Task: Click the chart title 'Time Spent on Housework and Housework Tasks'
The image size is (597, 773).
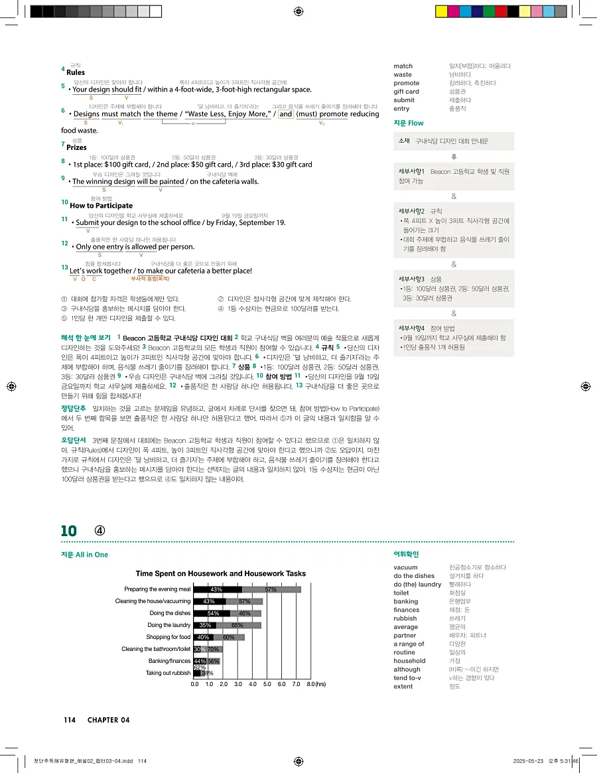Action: tap(221, 573)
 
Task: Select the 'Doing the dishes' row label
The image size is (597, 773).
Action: tap(170, 613)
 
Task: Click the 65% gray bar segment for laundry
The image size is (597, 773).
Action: tap(238, 625)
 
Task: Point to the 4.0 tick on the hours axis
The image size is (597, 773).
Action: tap(253, 683)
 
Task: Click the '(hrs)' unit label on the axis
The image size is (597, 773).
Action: tap(320, 683)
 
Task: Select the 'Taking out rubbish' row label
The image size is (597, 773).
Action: tap(168, 673)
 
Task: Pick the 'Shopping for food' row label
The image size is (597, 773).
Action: tap(168, 637)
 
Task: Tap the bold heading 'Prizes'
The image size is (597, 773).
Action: tap(76, 147)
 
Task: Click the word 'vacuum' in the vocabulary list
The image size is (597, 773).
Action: tap(405, 567)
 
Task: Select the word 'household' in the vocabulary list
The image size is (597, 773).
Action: tap(409, 661)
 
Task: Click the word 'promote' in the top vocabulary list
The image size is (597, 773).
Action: tap(407, 83)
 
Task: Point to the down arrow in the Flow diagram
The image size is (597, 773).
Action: tap(454, 157)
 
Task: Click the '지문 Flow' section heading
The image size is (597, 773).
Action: tap(409, 123)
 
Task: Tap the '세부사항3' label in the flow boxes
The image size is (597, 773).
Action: tap(411, 279)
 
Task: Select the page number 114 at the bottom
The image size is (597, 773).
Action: tap(70, 721)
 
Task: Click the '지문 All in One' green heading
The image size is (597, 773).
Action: tap(84, 555)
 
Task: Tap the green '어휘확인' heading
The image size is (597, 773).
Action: tap(406, 555)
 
